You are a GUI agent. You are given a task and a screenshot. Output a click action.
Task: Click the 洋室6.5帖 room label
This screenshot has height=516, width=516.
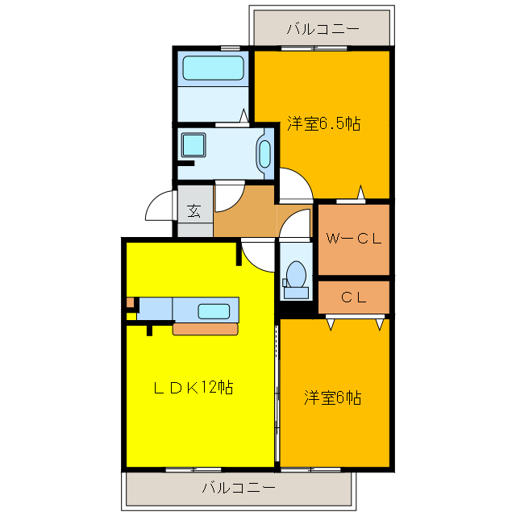click(323, 124)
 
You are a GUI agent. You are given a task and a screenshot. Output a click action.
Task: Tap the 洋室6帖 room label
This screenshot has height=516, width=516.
click(332, 397)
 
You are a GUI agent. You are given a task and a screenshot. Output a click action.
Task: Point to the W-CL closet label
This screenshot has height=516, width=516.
click(353, 239)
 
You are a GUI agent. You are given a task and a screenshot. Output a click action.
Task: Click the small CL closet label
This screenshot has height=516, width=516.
click(353, 297)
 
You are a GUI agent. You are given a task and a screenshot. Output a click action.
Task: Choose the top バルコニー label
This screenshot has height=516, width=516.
click(322, 30)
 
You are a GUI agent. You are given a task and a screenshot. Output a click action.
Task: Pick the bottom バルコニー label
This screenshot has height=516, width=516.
click(239, 488)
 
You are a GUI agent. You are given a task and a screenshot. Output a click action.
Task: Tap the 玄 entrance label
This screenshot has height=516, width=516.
click(194, 211)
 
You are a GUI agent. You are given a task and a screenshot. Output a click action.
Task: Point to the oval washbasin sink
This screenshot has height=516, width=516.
click(264, 153)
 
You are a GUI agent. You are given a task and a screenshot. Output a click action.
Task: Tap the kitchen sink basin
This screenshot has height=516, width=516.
click(214, 310)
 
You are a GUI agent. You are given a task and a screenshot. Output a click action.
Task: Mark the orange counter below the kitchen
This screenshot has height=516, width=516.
click(206, 328)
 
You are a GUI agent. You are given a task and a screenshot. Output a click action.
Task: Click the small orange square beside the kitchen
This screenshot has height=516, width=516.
click(130, 303)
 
